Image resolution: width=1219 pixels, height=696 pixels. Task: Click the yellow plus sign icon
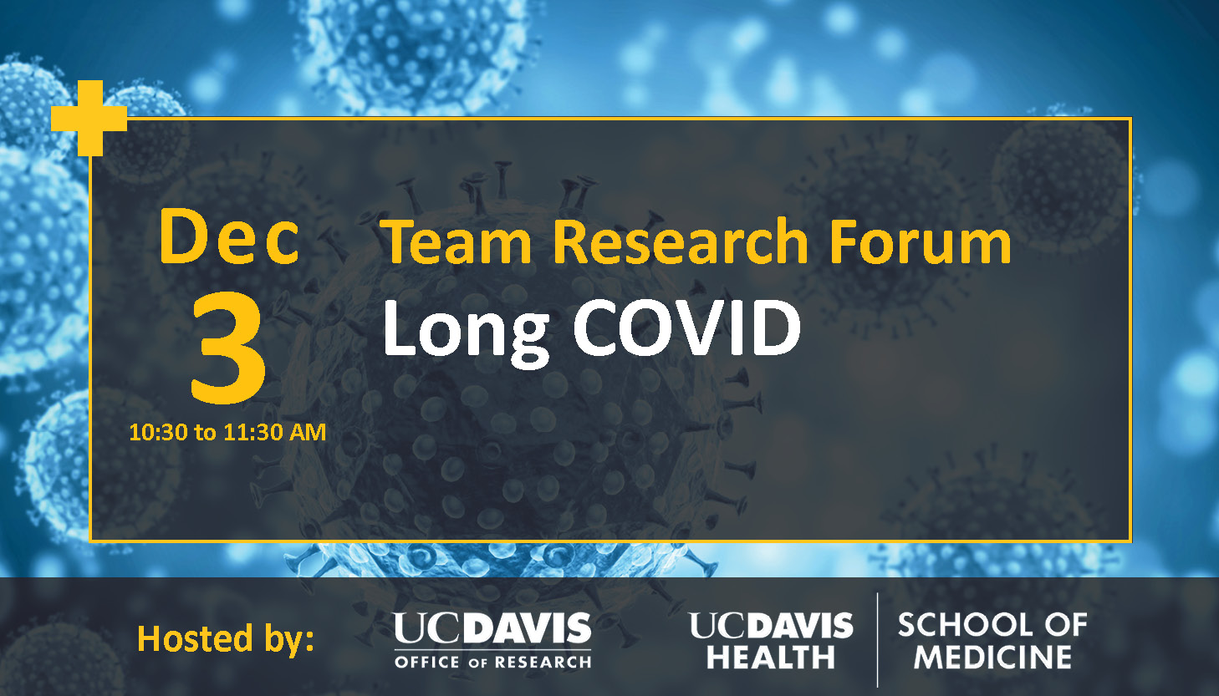89,118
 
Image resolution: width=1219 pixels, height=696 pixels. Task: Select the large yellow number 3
228,348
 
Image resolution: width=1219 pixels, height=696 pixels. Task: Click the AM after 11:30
308,433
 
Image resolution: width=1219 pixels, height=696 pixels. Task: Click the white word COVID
686,328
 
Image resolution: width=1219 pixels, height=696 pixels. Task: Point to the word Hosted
195,638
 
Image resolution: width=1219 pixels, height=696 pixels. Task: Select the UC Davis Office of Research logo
493,640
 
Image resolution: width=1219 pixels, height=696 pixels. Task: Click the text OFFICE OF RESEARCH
493,662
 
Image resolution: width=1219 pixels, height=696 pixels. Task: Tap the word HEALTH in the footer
771,658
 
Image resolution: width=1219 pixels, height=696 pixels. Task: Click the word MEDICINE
992,658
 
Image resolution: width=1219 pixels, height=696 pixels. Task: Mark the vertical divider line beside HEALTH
877,640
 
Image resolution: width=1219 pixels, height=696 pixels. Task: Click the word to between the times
206,434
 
